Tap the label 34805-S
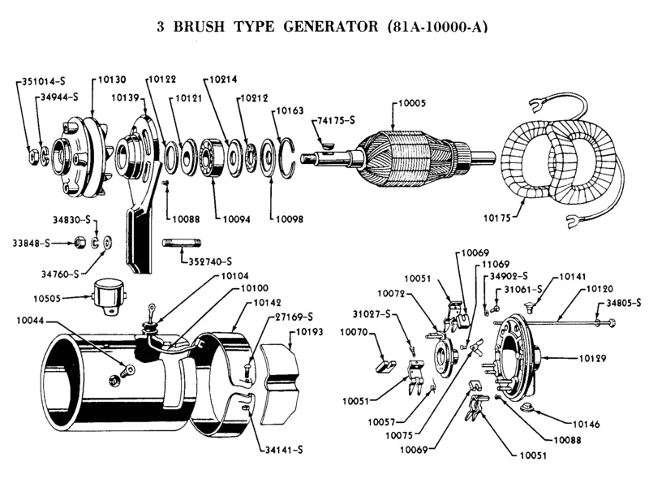[624, 304]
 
